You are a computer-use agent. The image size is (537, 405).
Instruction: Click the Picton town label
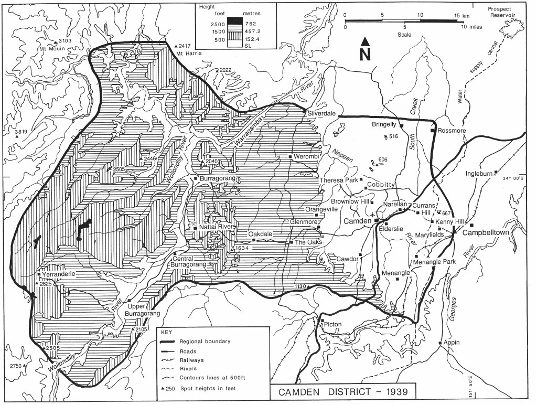[x=333, y=324]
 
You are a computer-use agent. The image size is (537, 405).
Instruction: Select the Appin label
[x=451, y=343]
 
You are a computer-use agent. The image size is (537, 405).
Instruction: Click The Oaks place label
[x=307, y=242]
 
